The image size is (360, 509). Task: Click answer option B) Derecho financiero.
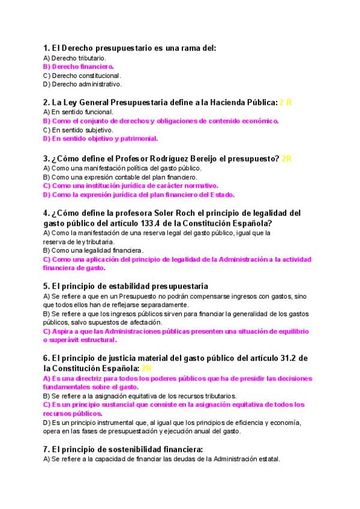tap(79, 67)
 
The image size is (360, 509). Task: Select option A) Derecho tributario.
tap(74, 58)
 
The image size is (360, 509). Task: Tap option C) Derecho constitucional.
tap(82, 76)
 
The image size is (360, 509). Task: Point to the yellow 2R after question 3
tap(286, 158)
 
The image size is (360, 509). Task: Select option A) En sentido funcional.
tap(78, 112)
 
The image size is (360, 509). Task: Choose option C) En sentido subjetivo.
tap(78, 130)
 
